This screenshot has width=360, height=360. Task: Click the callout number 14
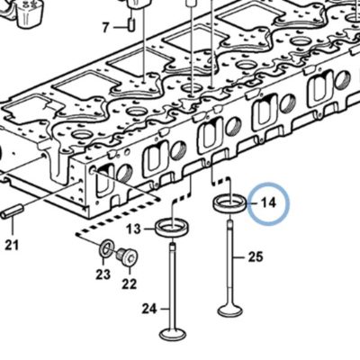[x=268, y=202]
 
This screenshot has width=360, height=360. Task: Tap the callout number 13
[x=133, y=229]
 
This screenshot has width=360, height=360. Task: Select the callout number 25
[x=256, y=257]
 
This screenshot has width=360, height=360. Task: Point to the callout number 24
[x=149, y=309]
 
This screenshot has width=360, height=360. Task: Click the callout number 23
[x=103, y=274]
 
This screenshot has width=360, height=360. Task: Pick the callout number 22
[x=130, y=283]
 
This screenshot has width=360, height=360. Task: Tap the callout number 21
[x=12, y=245]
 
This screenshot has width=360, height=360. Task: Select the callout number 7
[x=105, y=28]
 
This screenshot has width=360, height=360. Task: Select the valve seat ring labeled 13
[x=172, y=233]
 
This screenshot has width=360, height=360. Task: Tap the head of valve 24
[x=173, y=334]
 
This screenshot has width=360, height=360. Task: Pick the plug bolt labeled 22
[x=127, y=257]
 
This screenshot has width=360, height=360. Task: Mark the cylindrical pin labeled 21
[x=12, y=211]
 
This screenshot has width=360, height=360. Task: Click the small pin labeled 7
[x=131, y=24]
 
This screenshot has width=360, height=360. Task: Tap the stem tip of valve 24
[x=172, y=246]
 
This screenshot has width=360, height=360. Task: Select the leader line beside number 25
[x=240, y=257]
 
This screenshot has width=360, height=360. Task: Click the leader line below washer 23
[x=103, y=262]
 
